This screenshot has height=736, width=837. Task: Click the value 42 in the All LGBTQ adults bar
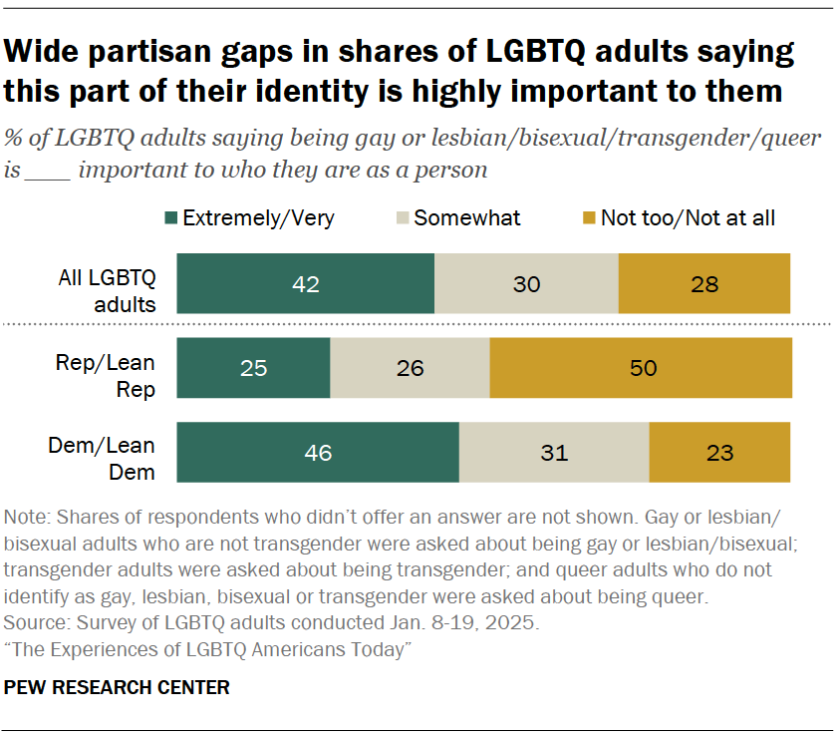click(305, 284)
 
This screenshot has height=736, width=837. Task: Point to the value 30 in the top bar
click(526, 284)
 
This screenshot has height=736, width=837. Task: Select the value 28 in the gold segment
click(703, 284)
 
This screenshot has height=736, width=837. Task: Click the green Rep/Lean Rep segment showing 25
click(253, 368)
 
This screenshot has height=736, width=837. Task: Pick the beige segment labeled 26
click(410, 368)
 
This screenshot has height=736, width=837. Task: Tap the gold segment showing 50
click(642, 368)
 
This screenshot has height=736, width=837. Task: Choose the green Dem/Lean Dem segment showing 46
click(317, 453)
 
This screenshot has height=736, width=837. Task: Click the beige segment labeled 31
click(554, 453)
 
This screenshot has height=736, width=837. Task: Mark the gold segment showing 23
click(718, 453)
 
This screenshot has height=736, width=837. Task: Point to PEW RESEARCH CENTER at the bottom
click(118, 687)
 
